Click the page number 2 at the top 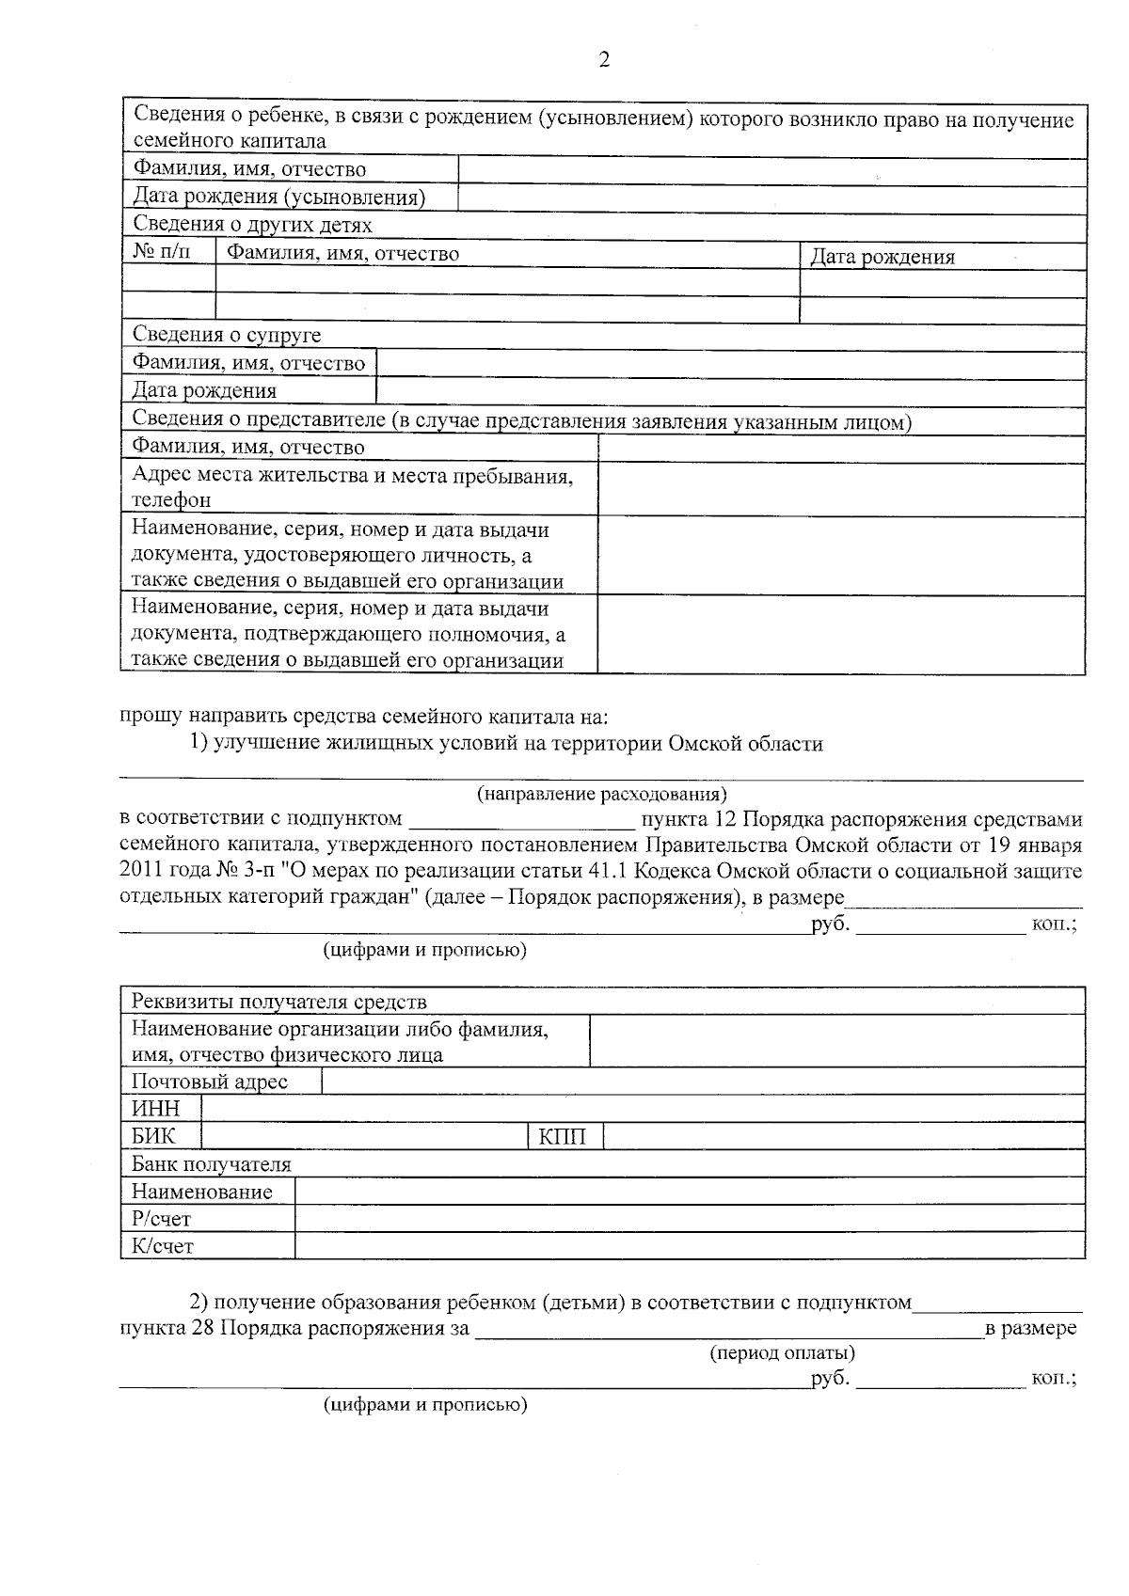pyautogui.click(x=604, y=60)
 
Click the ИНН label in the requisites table pyautogui.click(x=155, y=1109)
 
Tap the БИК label pyautogui.click(x=153, y=1136)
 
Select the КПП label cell pyautogui.click(x=563, y=1137)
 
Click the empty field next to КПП pyautogui.click(x=842, y=1136)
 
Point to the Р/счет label pyautogui.click(x=161, y=1219)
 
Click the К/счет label pyautogui.click(x=162, y=1246)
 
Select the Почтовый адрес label pyautogui.click(x=210, y=1082)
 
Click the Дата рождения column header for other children pyautogui.click(x=883, y=257)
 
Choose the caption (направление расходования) pyautogui.click(x=602, y=795)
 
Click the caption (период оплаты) pyautogui.click(x=782, y=1353)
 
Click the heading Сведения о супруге pyautogui.click(x=227, y=335)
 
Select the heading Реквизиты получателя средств pyautogui.click(x=278, y=1001)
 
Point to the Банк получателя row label pyautogui.click(x=212, y=1164)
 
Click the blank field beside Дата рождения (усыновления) pyautogui.click(x=771, y=198)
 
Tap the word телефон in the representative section pyautogui.click(x=171, y=500)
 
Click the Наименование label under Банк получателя pyautogui.click(x=201, y=1192)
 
